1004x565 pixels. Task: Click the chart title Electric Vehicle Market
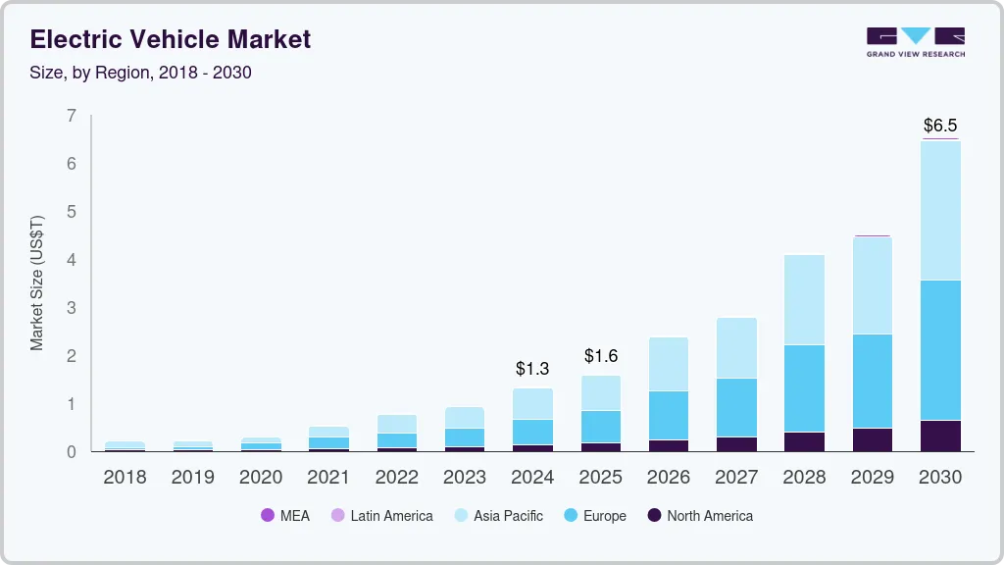click(x=171, y=39)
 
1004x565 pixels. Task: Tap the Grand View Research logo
click(x=915, y=41)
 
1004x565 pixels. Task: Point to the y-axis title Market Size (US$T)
click(x=37, y=282)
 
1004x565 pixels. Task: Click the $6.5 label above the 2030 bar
click(x=940, y=126)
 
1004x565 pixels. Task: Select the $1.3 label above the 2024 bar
click(x=532, y=369)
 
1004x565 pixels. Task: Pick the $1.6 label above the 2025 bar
click(x=601, y=356)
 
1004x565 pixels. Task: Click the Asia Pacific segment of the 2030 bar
click(x=940, y=210)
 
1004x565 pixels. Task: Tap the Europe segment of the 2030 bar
click(x=940, y=350)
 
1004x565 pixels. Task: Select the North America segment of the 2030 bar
click(x=940, y=436)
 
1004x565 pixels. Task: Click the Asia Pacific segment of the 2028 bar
click(x=804, y=299)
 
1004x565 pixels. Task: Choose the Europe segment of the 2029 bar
click(x=873, y=381)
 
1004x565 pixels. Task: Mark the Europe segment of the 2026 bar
click(x=669, y=415)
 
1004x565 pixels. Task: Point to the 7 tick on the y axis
click(x=71, y=116)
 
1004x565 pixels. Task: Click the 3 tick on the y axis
click(x=71, y=308)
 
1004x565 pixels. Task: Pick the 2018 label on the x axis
click(x=125, y=478)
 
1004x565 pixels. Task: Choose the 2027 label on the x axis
click(x=736, y=478)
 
